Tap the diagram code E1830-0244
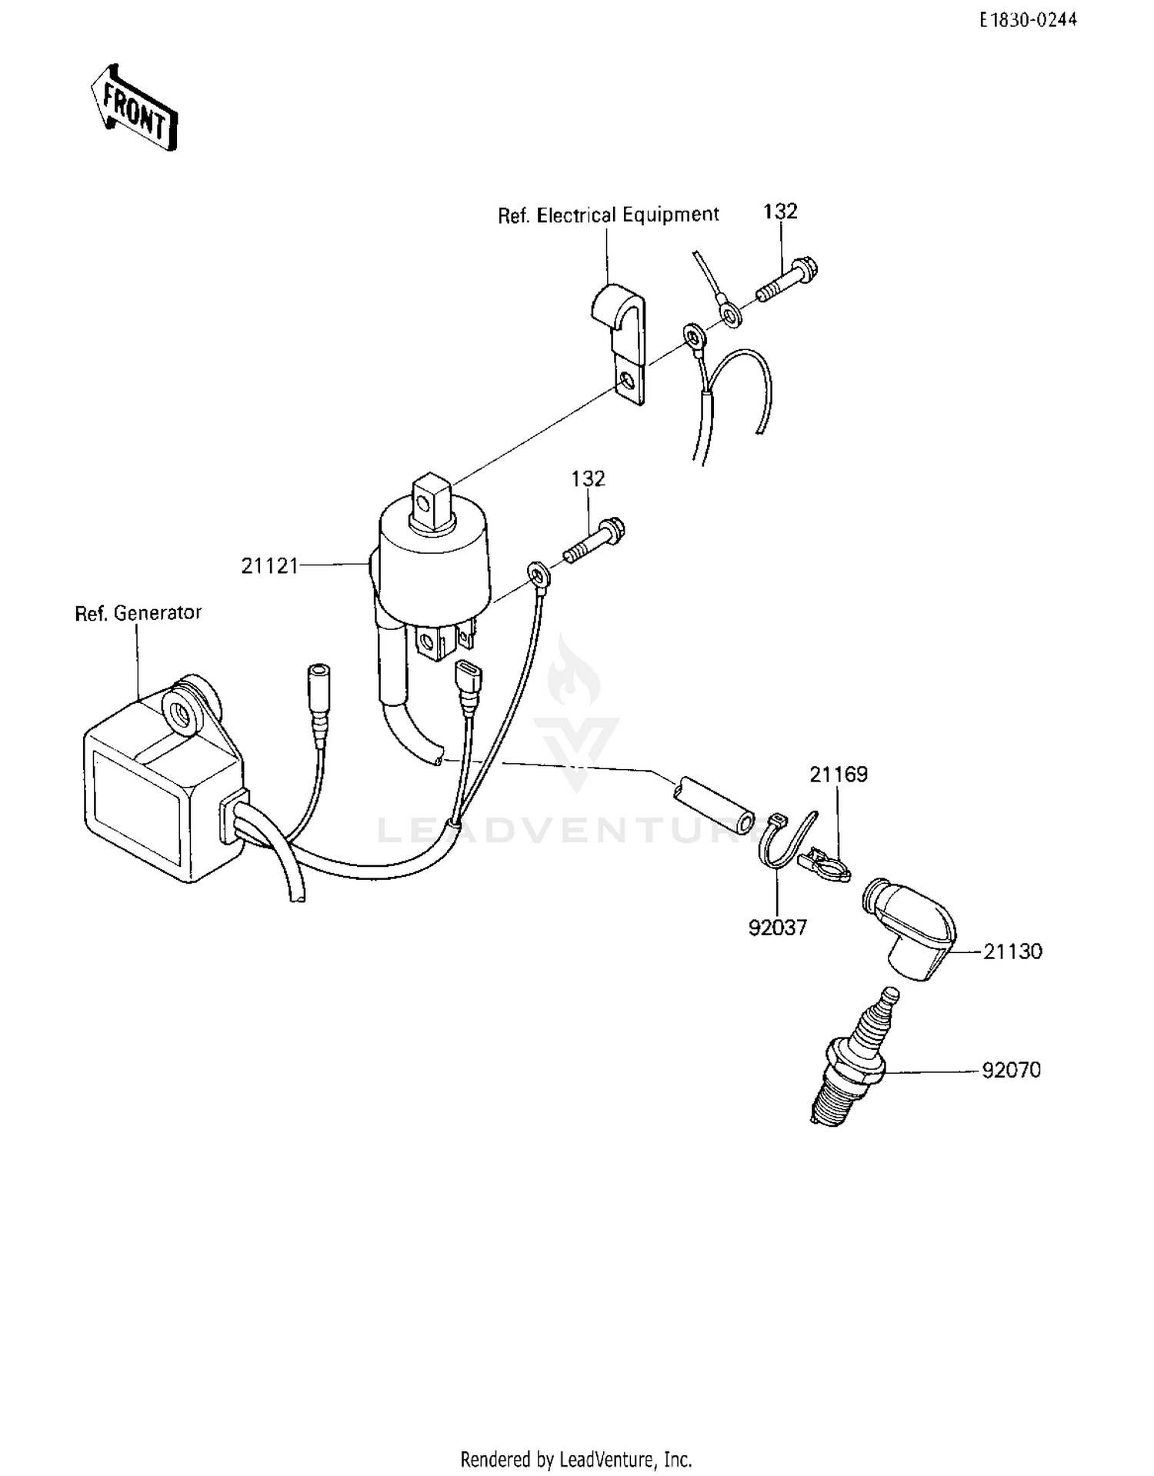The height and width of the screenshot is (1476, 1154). click(1028, 21)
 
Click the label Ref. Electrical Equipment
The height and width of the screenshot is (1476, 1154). click(608, 215)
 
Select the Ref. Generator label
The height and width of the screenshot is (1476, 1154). click(138, 613)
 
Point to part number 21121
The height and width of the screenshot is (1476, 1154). click(269, 566)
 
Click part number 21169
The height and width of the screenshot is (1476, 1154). click(838, 775)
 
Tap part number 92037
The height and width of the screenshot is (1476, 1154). click(778, 928)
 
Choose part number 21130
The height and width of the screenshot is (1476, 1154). click(1012, 951)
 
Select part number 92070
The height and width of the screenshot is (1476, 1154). click(1011, 1070)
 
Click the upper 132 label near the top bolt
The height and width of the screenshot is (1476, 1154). click(780, 212)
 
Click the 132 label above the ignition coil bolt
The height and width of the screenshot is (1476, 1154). click(588, 478)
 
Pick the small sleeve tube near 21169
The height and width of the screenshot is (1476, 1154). click(713, 804)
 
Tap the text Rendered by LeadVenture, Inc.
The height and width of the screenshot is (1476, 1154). click(575, 1459)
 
